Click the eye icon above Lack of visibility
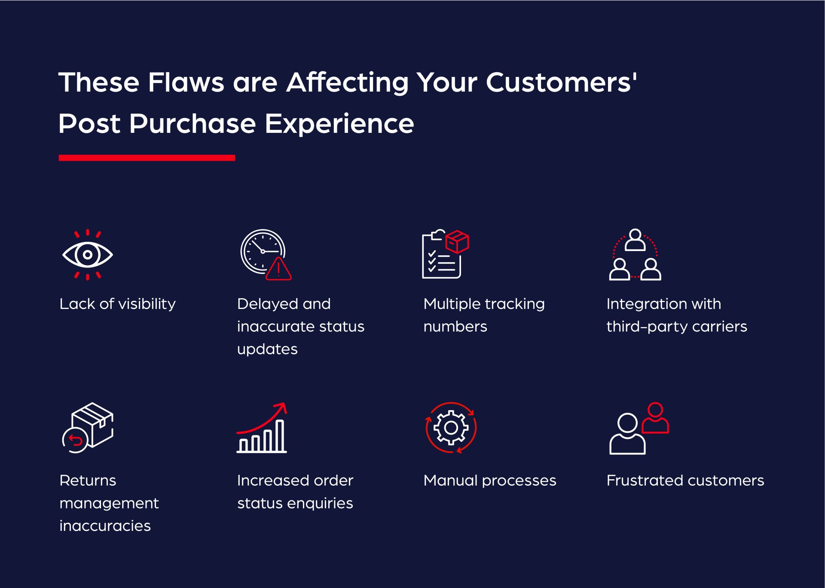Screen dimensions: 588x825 88,255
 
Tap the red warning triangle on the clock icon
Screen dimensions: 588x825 278,270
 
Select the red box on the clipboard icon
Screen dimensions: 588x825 457,241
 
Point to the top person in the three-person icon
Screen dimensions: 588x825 635,240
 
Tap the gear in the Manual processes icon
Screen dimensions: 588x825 451,428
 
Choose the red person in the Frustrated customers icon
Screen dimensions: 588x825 655,418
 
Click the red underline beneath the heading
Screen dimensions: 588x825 147,158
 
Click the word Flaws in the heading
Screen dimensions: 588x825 186,82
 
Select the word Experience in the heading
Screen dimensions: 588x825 339,124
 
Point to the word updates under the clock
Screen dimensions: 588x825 267,349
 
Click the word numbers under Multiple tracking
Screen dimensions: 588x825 455,327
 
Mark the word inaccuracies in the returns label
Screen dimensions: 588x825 105,526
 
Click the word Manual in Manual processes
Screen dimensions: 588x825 450,481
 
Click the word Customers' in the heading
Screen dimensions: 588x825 561,82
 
